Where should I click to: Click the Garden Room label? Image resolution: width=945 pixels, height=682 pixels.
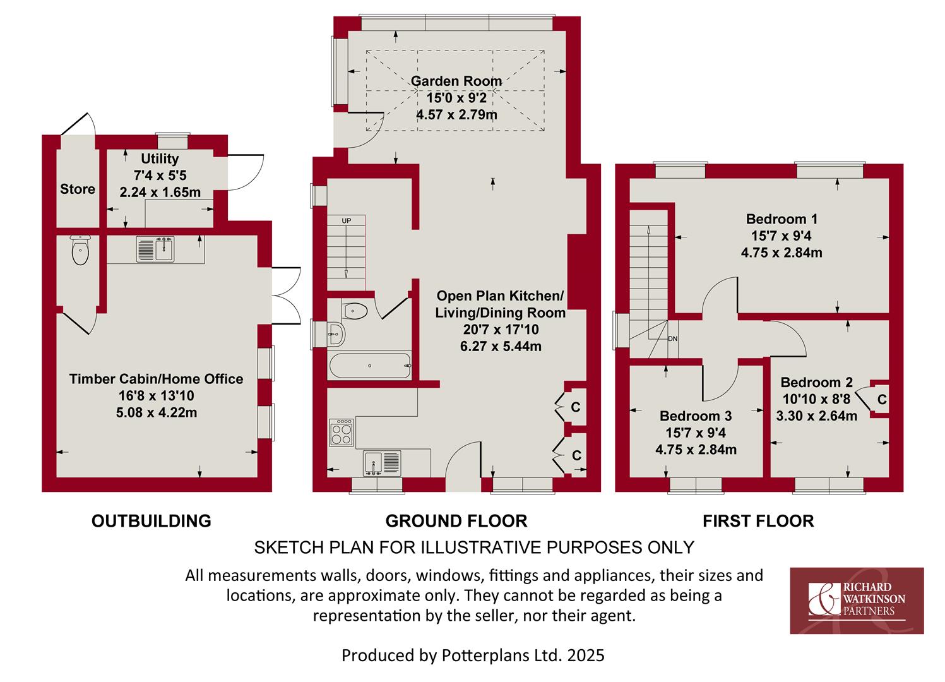pyautogui.click(x=456, y=81)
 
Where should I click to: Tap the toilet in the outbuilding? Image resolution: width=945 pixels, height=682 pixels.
pyautogui.click(x=80, y=250)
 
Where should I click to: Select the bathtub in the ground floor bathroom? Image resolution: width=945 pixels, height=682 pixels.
pyautogui.click(x=370, y=366)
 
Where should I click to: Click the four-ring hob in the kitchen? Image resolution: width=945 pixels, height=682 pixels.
pyautogui.click(x=342, y=432)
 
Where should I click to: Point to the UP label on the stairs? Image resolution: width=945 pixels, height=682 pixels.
pyautogui.click(x=347, y=221)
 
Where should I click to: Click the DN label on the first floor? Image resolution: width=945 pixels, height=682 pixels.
pyautogui.click(x=672, y=338)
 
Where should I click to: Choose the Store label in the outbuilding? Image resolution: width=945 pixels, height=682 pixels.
pyautogui.click(x=78, y=189)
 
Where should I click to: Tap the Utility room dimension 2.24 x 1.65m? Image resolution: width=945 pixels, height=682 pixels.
pyautogui.click(x=160, y=193)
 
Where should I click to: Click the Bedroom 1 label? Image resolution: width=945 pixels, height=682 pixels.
pyautogui.click(x=782, y=219)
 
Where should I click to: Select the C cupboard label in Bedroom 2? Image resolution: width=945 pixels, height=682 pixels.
pyautogui.click(x=882, y=399)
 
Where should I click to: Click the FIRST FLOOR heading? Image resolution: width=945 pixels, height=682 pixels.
pyautogui.click(x=758, y=521)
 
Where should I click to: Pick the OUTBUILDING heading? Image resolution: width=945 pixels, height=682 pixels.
pyautogui.click(x=152, y=521)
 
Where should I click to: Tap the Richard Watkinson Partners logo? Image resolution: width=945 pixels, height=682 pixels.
pyautogui.click(x=857, y=601)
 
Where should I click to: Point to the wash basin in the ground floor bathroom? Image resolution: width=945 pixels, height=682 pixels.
pyautogui.click(x=336, y=334)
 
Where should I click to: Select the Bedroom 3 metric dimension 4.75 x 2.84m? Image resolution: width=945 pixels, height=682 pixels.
pyautogui.click(x=696, y=450)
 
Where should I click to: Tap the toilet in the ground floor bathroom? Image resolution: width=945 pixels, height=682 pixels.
pyautogui.click(x=355, y=311)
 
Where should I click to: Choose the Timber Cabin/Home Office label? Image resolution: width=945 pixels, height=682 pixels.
pyautogui.click(x=156, y=379)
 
